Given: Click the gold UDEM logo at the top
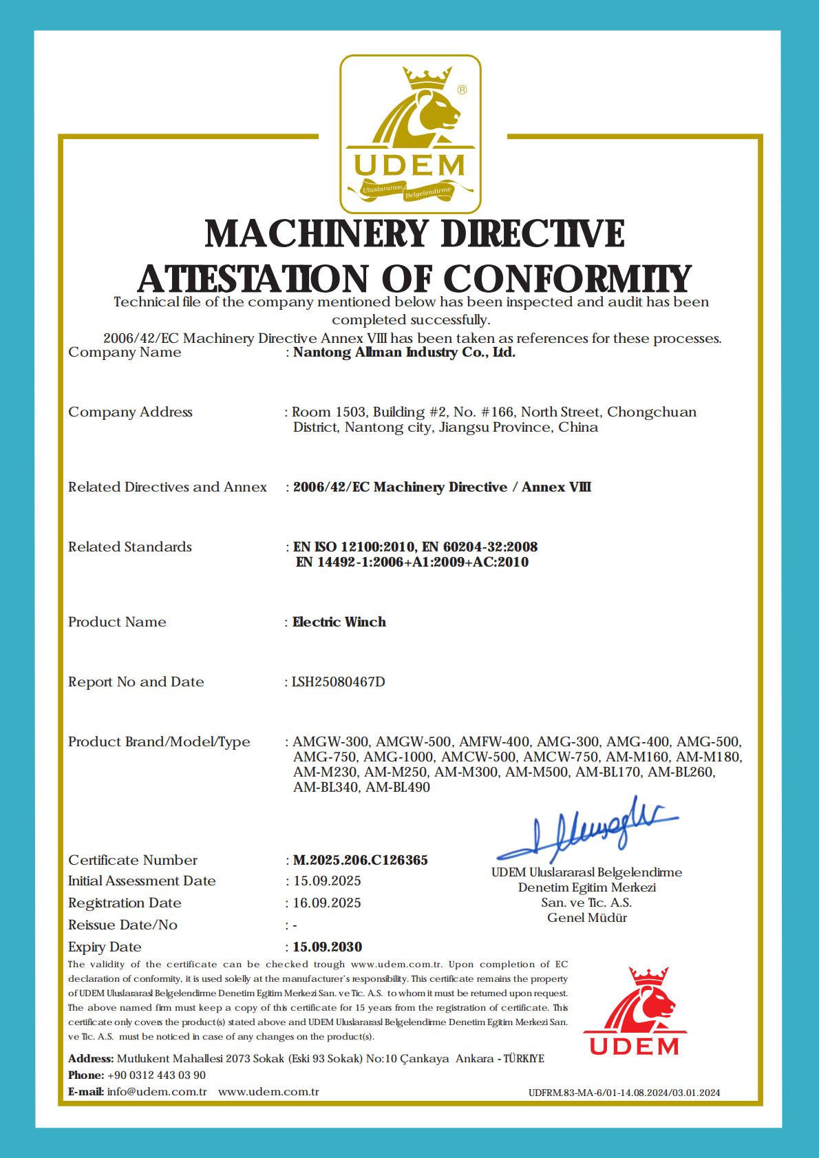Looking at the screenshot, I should [x=410, y=134].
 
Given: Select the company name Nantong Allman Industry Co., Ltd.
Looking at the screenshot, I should [x=404, y=352].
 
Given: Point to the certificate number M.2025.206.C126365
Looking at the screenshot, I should [x=361, y=860].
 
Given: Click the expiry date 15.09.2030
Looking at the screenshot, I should [x=328, y=947].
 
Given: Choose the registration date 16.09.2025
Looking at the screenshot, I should [x=328, y=903].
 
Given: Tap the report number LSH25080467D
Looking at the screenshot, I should [x=339, y=682].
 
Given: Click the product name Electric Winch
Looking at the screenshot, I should [x=339, y=622].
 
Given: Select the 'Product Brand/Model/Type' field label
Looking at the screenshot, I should [x=159, y=741].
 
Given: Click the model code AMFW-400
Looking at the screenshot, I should [x=494, y=741].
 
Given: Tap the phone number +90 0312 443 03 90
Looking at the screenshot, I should [x=156, y=1075].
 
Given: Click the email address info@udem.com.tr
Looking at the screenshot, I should [x=157, y=1091].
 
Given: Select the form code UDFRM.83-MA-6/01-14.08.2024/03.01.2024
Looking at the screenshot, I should [x=624, y=1093].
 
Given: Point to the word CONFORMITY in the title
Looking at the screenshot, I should [x=567, y=279].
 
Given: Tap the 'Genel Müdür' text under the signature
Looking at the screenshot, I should [x=587, y=918].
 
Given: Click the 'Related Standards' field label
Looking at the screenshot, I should [x=130, y=547].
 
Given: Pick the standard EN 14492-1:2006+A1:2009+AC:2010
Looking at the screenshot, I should [x=412, y=562].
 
